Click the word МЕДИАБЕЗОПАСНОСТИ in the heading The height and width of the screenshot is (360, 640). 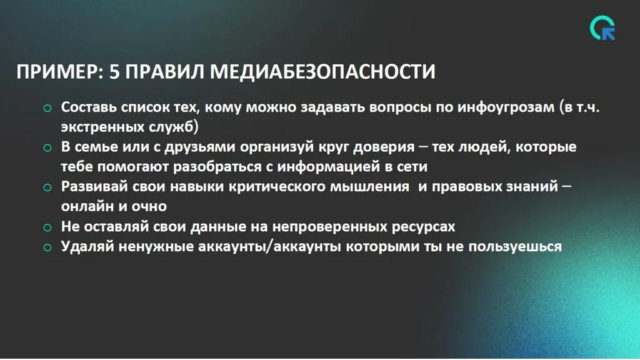322,71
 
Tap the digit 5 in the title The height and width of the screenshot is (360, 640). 114,71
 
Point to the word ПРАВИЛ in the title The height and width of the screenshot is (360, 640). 164,71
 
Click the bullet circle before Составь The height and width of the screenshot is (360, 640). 47,107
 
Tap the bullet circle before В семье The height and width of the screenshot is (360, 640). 47,147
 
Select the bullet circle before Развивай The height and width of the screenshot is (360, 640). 47,187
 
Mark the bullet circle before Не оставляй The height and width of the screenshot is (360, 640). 47,227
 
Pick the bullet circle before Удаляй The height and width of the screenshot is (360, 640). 47,247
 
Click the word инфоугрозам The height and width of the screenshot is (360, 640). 506,107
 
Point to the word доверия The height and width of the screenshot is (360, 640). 383,147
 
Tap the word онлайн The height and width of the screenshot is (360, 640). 87,206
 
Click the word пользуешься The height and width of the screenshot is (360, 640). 515,246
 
